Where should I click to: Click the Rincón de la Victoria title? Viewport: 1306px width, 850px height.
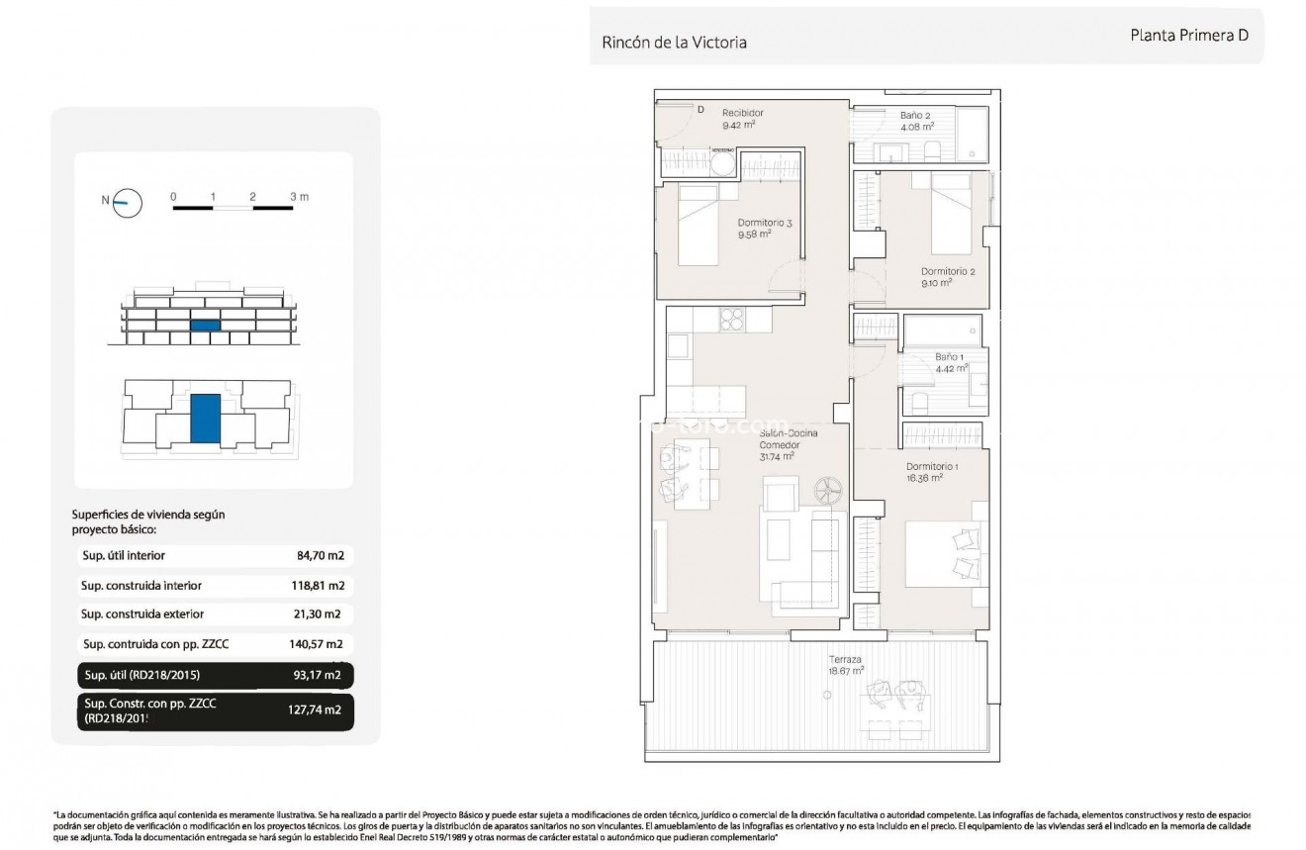click(x=674, y=43)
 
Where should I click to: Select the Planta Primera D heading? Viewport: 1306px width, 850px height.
click(x=1189, y=34)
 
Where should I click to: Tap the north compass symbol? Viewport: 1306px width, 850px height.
click(x=128, y=202)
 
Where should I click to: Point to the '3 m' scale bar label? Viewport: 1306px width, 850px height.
click(x=300, y=197)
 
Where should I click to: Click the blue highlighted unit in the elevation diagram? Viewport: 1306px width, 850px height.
click(x=205, y=325)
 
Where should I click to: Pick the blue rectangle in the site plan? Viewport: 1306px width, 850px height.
click(x=205, y=418)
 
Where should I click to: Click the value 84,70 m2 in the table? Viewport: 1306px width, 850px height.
click(x=320, y=556)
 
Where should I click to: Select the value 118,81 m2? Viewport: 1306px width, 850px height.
click(x=318, y=586)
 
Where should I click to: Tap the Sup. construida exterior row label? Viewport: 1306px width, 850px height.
click(x=142, y=614)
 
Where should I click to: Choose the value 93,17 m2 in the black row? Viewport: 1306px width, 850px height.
click(x=319, y=676)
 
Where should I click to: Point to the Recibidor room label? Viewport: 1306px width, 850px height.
click(x=742, y=114)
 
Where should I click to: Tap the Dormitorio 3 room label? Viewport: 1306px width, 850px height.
click(x=765, y=224)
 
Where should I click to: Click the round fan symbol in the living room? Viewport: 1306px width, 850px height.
click(x=827, y=489)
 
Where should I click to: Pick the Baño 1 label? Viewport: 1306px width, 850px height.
click(x=949, y=356)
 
